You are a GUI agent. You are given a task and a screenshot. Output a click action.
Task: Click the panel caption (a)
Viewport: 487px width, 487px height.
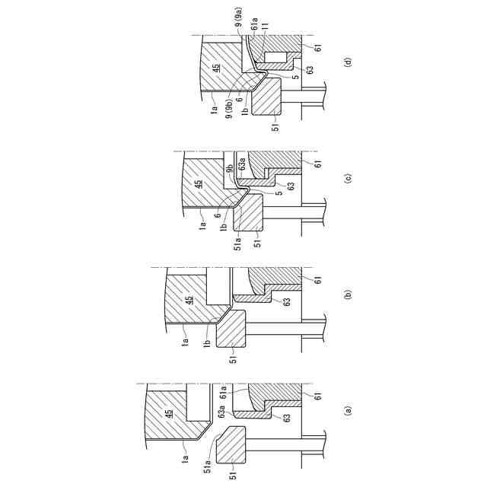[348, 411]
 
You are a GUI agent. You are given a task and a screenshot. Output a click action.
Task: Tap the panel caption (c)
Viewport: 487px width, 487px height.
[348, 180]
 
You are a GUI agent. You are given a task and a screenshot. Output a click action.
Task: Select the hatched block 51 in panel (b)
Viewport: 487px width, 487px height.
[231, 329]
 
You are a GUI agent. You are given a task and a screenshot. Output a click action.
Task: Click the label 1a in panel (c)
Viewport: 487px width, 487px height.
[204, 225]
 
